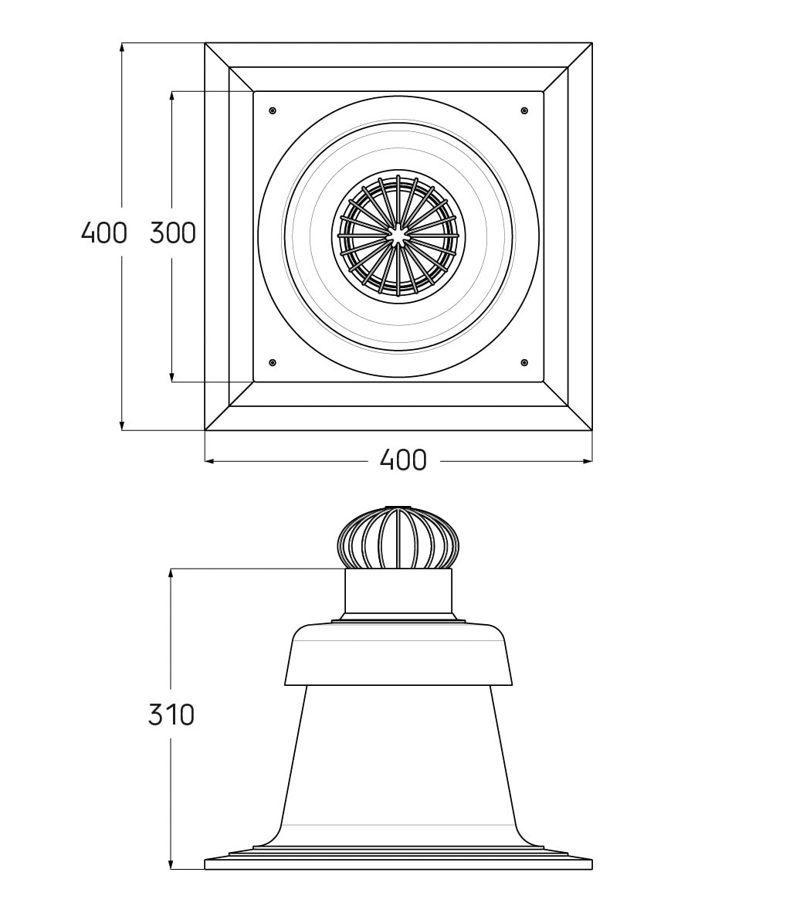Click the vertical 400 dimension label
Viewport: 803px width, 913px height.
tap(104, 233)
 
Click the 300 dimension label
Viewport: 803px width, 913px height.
tap(173, 233)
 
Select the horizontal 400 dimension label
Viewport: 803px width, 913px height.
tap(403, 460)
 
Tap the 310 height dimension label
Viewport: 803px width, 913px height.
tap(171, 714)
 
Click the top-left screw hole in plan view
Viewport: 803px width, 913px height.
tap(273, 110)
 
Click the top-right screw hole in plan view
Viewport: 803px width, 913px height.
tap(524, 110)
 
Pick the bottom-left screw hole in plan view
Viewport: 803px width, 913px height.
tap(273, 363)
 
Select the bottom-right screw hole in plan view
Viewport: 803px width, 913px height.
tap(524, 363)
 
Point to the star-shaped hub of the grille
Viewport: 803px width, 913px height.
tap(398, 236)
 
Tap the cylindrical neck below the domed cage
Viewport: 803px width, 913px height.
tap(398, 591)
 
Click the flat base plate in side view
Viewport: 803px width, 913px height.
tap(398, 864)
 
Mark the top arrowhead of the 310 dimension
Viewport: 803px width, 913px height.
tap(171, 574)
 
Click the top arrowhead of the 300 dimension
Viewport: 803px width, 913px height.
tap(172, 96)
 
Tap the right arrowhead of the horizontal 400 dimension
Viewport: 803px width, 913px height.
tap(587, 461)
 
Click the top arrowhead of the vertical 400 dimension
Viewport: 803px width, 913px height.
tap(122, 48)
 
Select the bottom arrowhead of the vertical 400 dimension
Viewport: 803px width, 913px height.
tap(122, 425)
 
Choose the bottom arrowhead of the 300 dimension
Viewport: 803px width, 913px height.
tap(172, 377)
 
